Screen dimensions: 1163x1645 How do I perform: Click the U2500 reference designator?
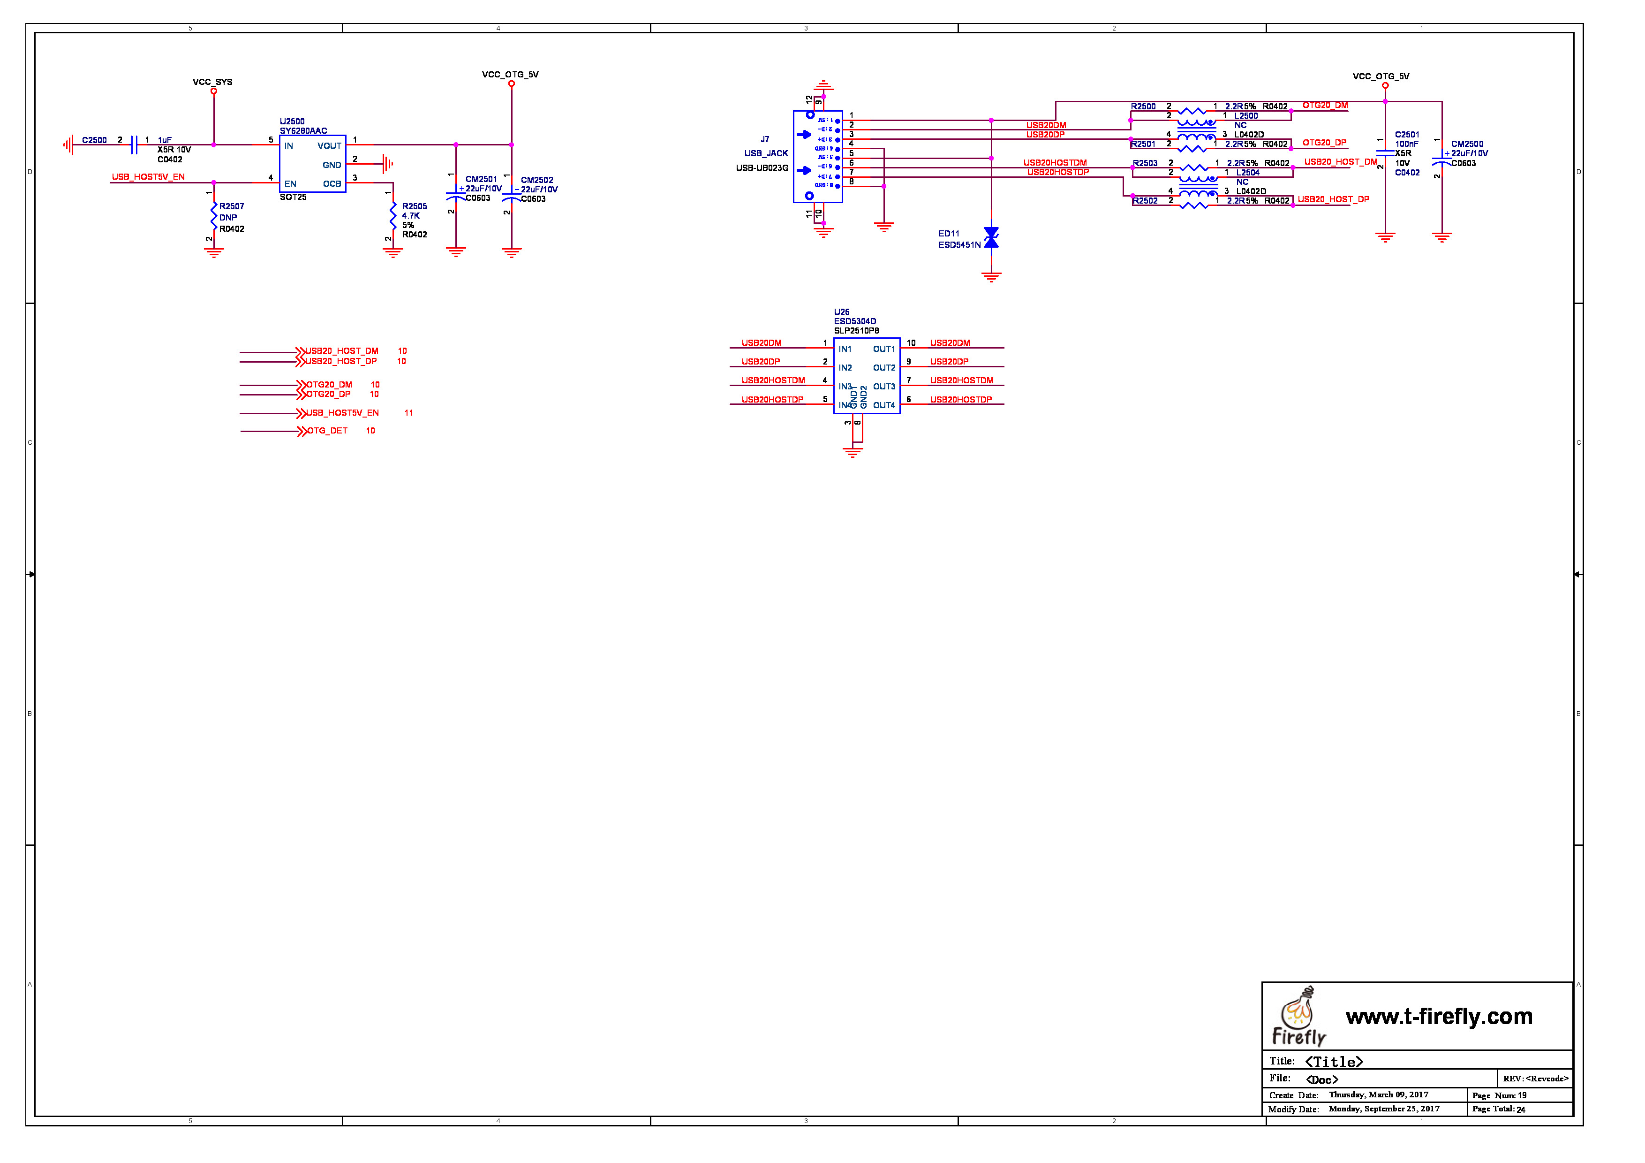292,122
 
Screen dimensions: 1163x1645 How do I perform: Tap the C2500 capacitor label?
94,140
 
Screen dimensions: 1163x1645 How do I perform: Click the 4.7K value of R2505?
410,216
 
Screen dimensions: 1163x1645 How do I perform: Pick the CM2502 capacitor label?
536,181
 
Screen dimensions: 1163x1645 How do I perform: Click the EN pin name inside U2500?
290,184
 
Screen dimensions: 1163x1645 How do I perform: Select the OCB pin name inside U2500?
332,184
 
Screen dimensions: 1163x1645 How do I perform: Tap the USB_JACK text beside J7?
766,153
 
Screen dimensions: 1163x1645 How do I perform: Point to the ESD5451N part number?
959,245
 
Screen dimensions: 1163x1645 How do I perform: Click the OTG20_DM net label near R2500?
1325,106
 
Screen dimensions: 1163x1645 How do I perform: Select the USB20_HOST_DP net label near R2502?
1333,200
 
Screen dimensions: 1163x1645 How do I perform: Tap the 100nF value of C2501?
1406,144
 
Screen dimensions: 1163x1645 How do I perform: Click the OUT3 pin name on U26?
883,387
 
